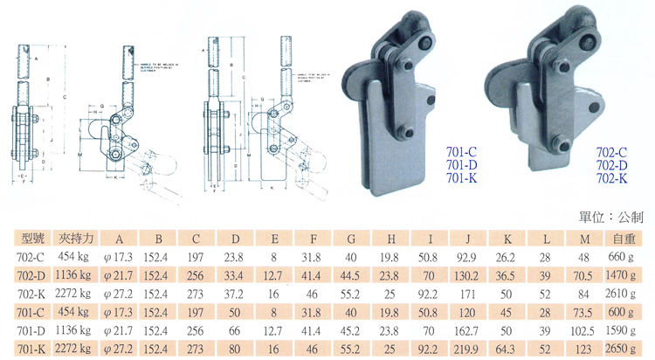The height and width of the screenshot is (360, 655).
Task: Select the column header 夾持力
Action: click(x=75, y=237)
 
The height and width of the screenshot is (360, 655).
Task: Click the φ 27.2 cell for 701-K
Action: click(x=120, y=350)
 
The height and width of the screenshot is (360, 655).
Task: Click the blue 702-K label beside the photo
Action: click(x=611, y=178)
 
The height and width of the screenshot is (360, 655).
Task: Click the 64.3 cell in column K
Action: click(x=506, y=350)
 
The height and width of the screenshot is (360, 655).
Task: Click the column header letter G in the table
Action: click(x=351, y=237)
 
